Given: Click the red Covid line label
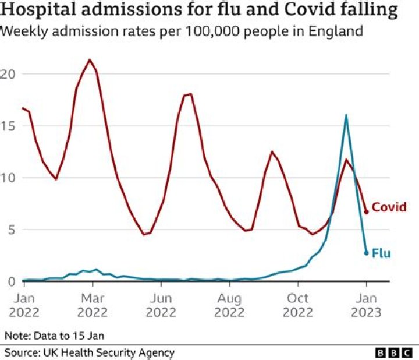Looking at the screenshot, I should tap(389, 207).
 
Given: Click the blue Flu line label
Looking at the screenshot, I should tap(381, 253).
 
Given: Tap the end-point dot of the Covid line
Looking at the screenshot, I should tap(366, 212).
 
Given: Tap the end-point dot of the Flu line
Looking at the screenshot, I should tap(366, 253).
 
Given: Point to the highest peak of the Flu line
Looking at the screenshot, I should tap(346, 115).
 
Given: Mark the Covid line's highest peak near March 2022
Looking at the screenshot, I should tap(89, 59).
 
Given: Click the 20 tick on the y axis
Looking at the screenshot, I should tap(7, 74).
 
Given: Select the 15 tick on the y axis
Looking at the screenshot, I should tap(7, 126).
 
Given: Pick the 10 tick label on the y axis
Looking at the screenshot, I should tap(7, 178).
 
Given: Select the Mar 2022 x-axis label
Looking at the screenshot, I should tap(92, 305).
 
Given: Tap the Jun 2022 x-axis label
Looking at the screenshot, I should tap(161, 305).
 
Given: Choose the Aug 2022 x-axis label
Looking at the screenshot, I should tap(229, 305).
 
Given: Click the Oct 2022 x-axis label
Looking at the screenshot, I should tap(298, 305).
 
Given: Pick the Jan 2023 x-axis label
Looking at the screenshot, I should tap(366, 305).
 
